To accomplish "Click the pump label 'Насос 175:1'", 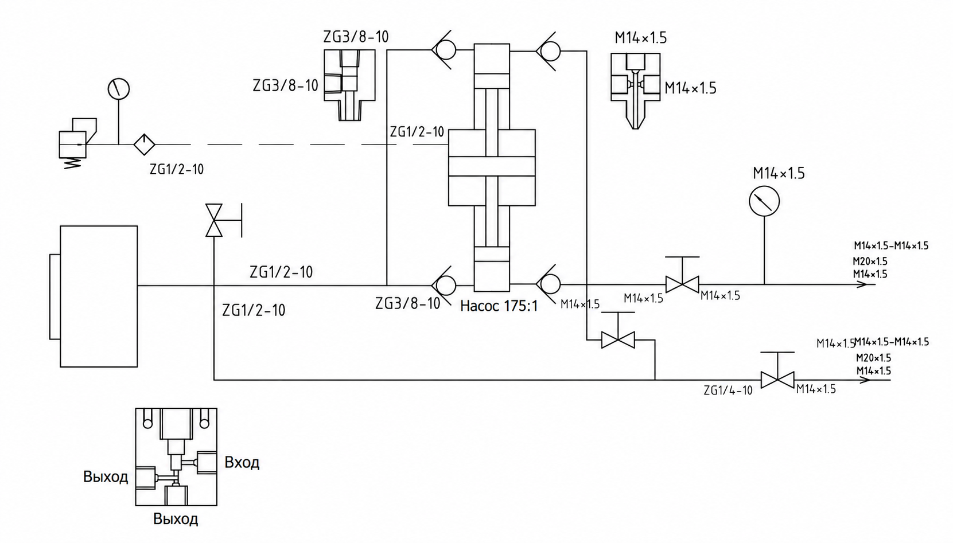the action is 499,306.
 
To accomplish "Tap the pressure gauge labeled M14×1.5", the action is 764,201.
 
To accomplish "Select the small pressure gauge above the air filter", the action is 118,89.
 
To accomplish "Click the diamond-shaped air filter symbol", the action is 144,144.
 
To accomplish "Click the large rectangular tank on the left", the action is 99,296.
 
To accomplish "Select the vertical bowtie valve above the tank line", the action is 213,220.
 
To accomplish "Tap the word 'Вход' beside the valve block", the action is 242,462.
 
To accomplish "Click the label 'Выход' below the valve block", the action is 176,519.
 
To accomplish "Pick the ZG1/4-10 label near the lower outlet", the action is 728,390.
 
